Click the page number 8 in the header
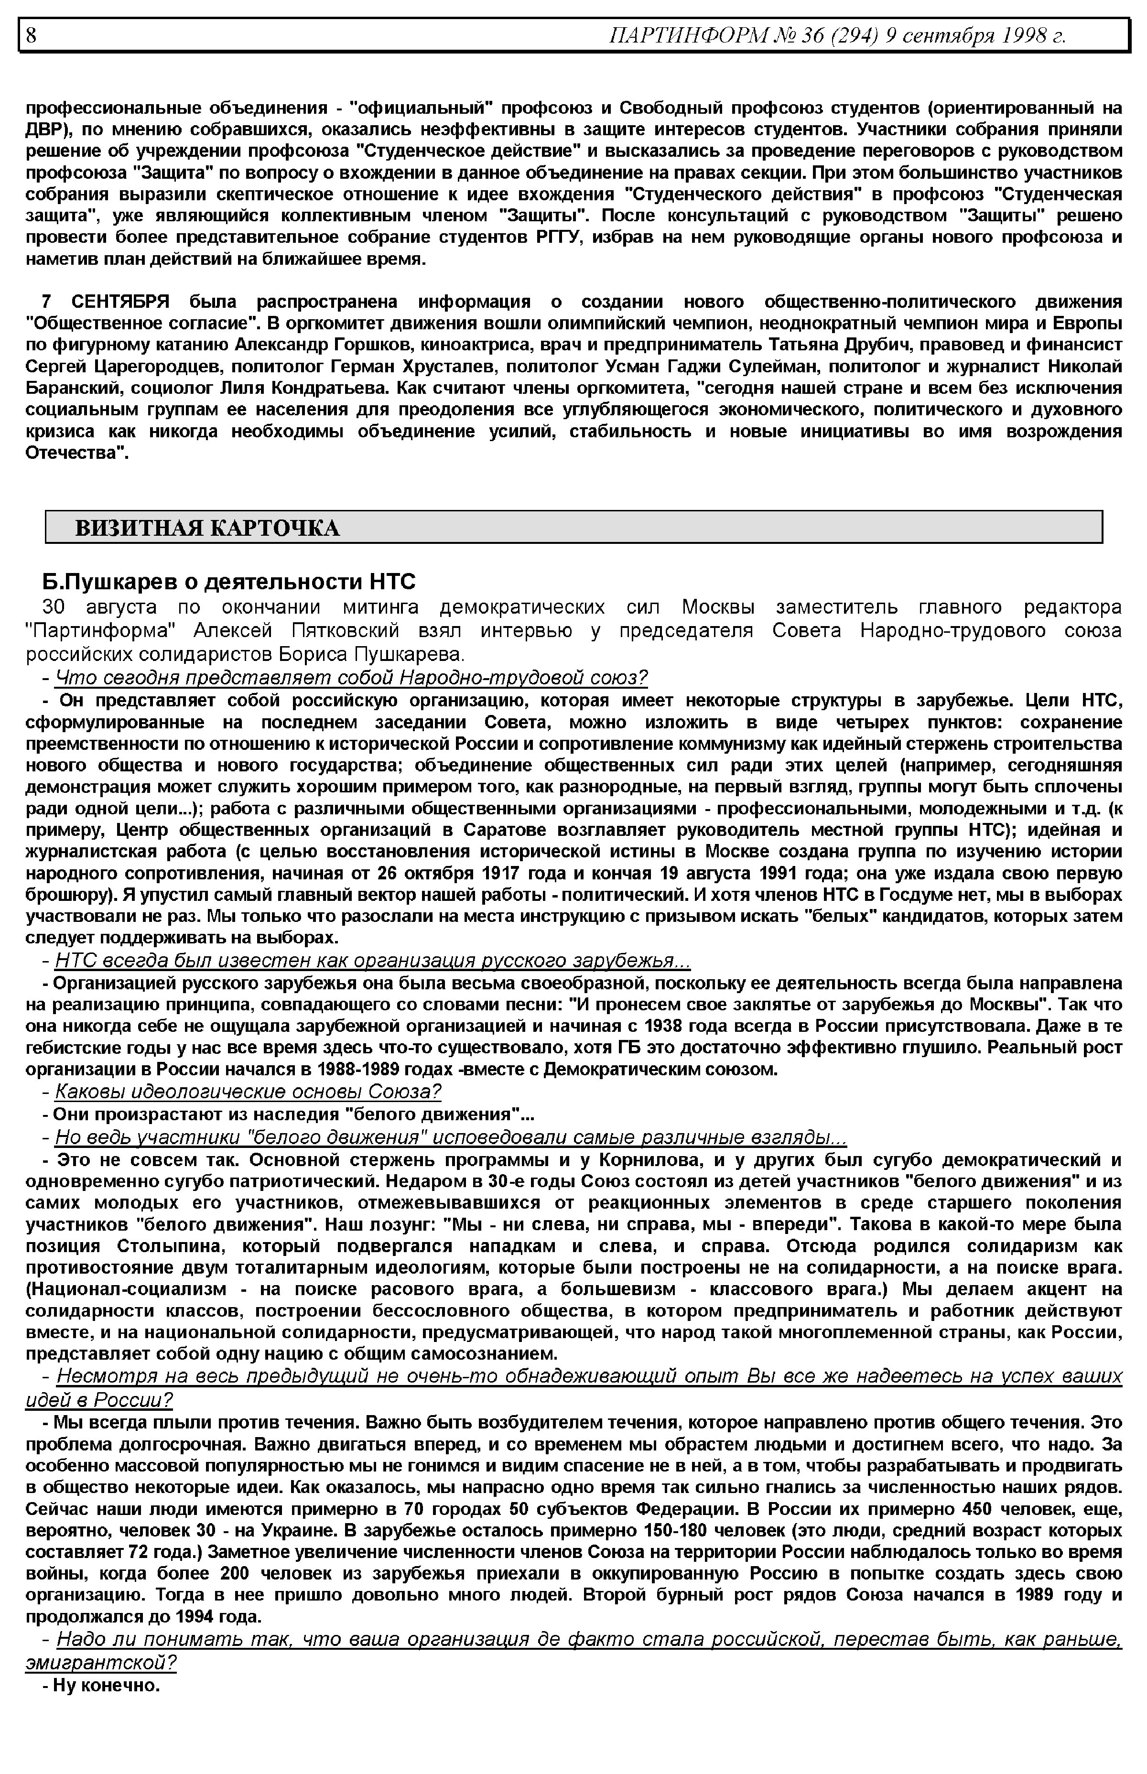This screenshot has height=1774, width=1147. point(31,35)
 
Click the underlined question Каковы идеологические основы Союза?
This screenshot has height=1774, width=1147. point(248,1092)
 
